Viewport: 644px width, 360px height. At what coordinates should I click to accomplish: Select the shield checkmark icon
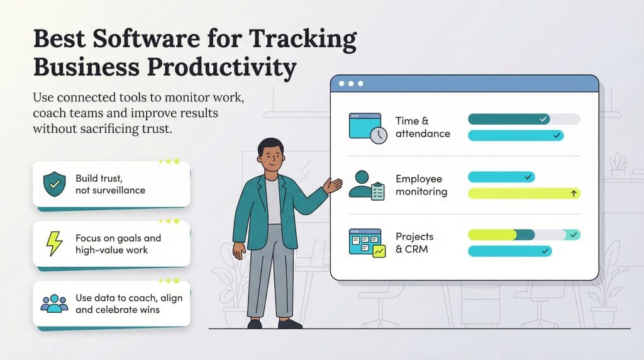[53, 184]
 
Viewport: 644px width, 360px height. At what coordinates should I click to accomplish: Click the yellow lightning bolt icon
[53, 244]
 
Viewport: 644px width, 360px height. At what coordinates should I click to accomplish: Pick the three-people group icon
[54, 303]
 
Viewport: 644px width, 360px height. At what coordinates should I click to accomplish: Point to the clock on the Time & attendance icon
[379, 135]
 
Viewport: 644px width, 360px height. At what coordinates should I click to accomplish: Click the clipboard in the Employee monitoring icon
[378, 191]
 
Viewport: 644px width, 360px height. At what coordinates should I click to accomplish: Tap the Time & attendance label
[423, 127]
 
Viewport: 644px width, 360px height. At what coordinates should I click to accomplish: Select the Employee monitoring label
[421, 185]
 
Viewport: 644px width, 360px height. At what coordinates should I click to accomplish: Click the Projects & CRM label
[414, 243]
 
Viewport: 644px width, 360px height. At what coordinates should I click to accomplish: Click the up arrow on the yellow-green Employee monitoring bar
[574, 194]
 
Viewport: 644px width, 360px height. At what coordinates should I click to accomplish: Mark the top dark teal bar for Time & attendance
[509, 119]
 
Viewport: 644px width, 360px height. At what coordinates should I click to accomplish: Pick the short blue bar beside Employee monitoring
[501, 177]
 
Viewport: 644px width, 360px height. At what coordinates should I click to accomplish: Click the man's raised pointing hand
[333, 185]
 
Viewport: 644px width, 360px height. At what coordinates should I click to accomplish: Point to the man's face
[271, 157]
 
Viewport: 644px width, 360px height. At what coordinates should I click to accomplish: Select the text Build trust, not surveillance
[110, 184]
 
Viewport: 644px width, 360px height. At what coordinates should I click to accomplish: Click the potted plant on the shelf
[618, 165]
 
